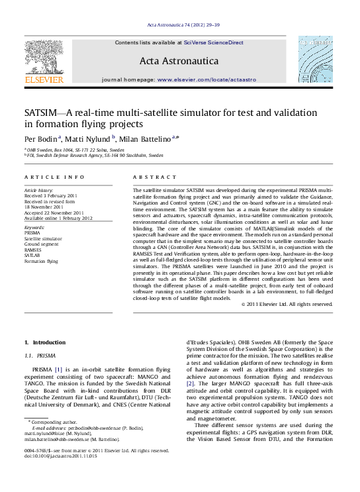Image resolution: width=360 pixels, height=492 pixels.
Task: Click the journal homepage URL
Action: pos(210,79)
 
